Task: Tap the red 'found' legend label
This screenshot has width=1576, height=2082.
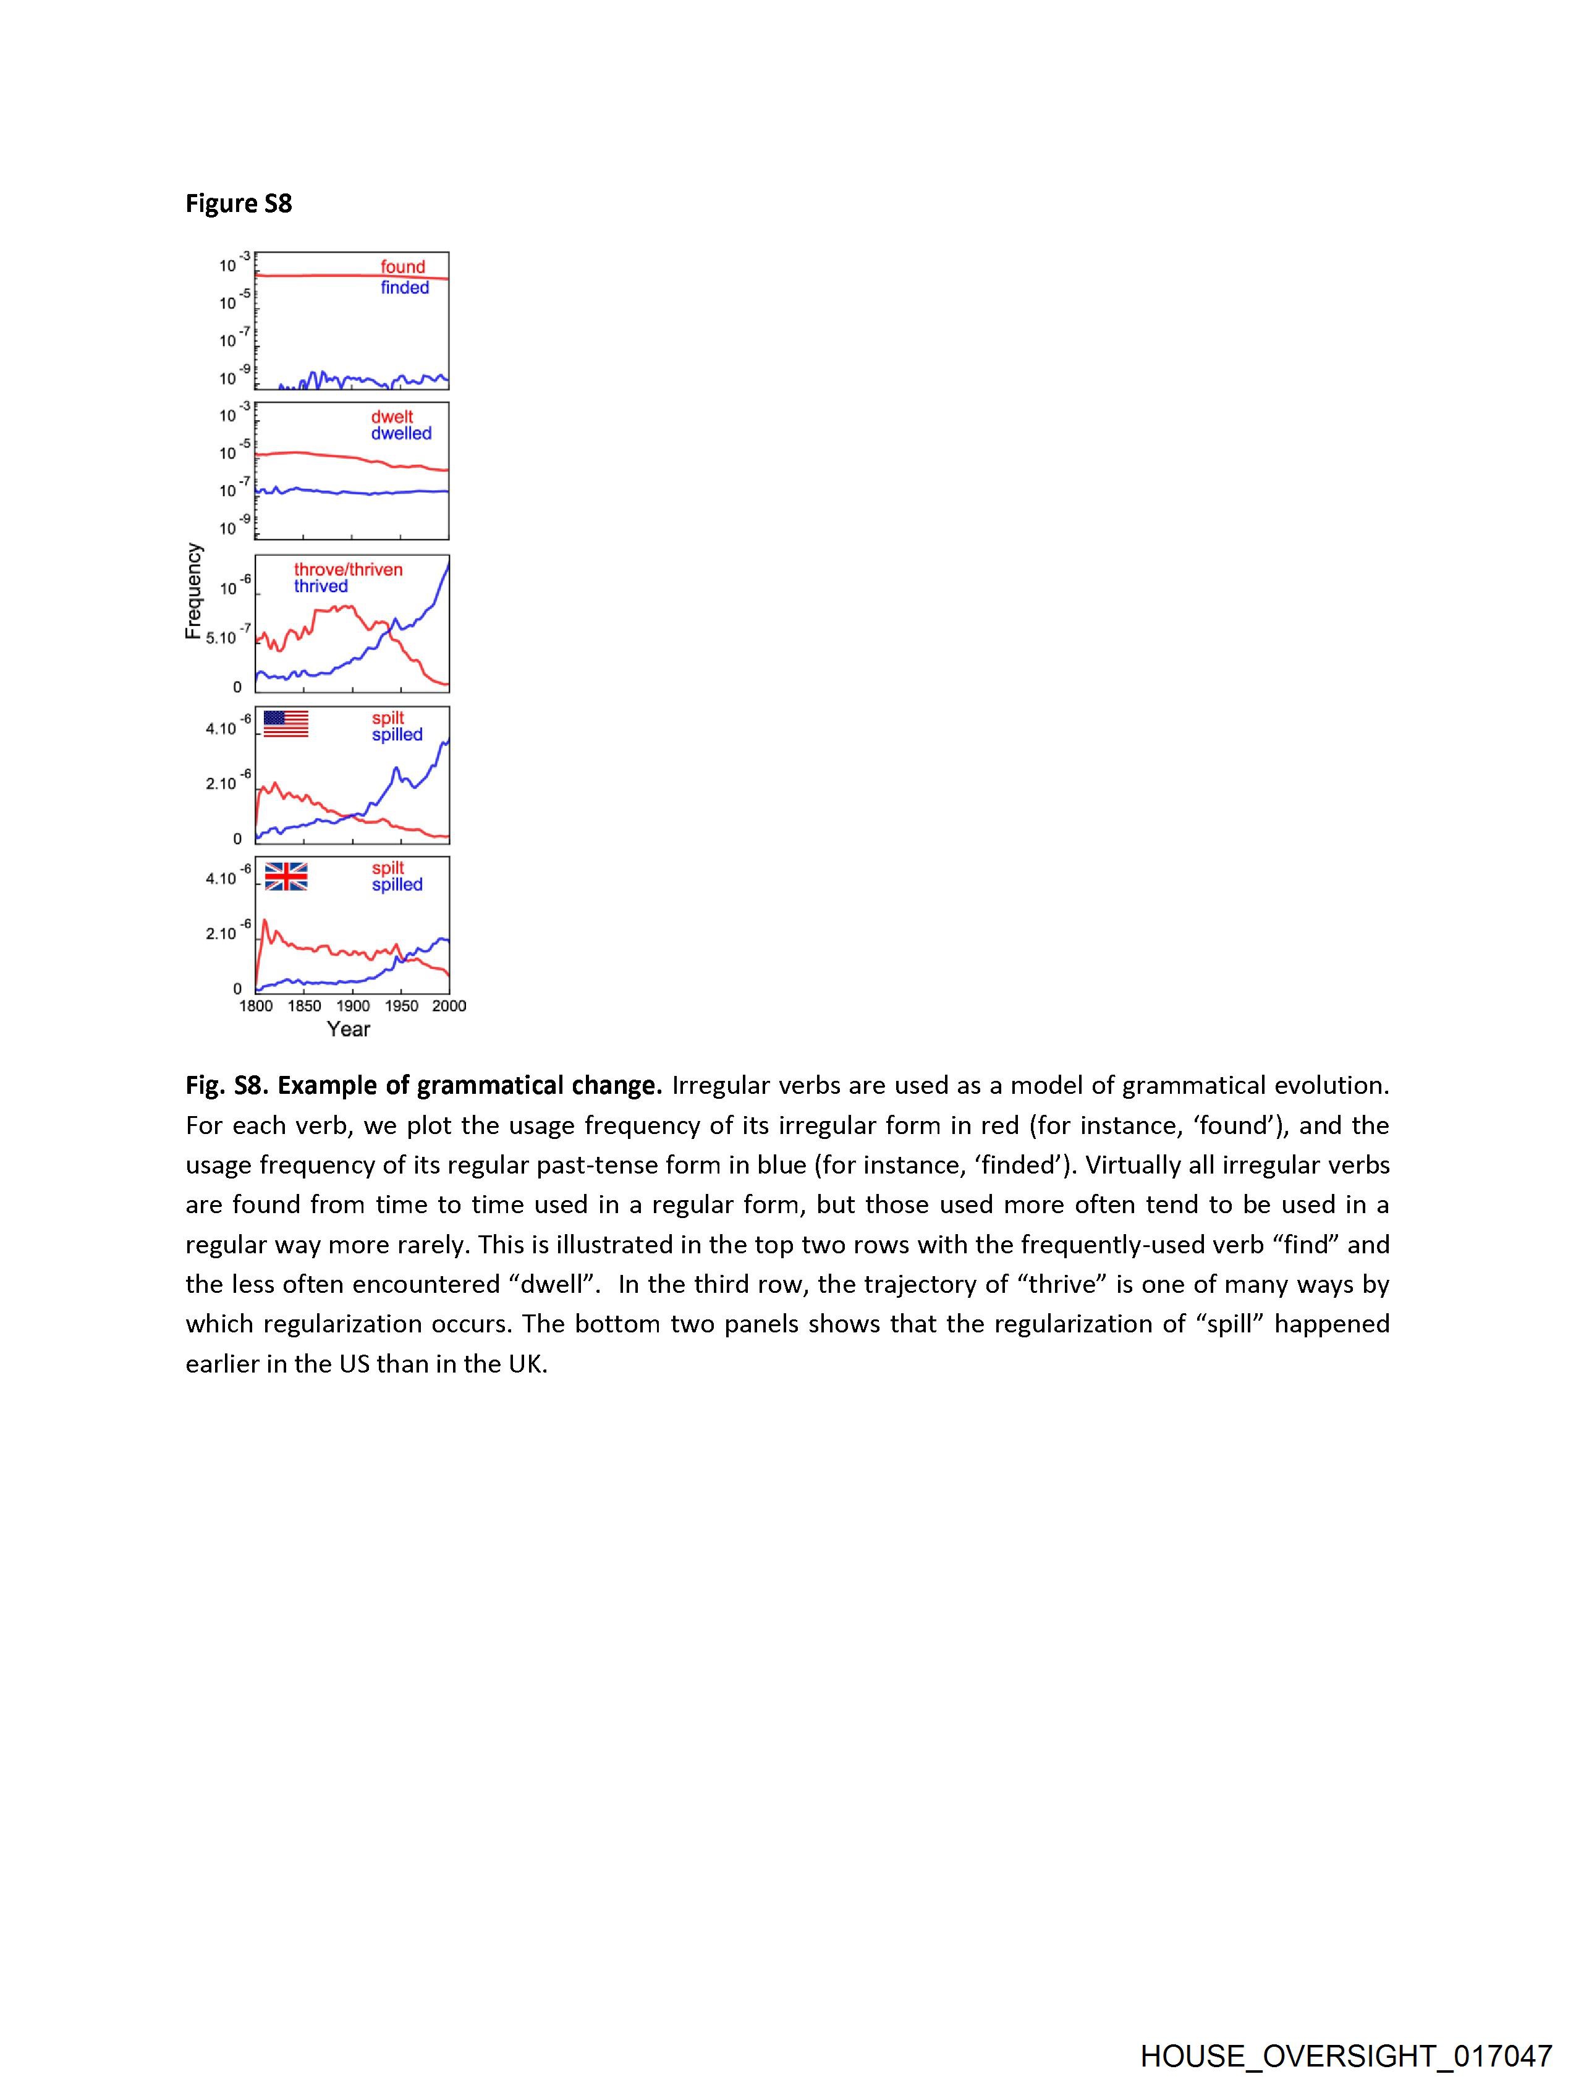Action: click(x=403, y=268)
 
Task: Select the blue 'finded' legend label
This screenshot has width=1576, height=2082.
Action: click(x=405, y=288)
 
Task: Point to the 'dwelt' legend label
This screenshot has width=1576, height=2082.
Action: click(x=392, y=417)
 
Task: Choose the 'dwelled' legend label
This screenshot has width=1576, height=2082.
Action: click(x=401, y=434)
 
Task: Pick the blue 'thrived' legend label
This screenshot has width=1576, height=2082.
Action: click(x=320, y=586)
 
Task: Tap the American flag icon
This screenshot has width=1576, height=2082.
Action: click(x=286, y=724)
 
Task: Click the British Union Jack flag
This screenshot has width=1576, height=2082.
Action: click(x=286, y=876)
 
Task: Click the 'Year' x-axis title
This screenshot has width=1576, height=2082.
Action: click(x=349, y=1029)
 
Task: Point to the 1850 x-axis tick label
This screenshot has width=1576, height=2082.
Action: click(x=304, y=1006)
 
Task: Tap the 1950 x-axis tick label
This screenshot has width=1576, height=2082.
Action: click(x=401, y=1006)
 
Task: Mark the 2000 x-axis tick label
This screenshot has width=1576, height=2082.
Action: click(x=449, y=1006)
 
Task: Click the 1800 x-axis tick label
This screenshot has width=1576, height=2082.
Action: click(x=256, y=1006)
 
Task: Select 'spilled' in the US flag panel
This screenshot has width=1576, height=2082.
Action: click(x=396, y=735)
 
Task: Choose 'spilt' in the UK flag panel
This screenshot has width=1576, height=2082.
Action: click(x=387, y=868)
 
